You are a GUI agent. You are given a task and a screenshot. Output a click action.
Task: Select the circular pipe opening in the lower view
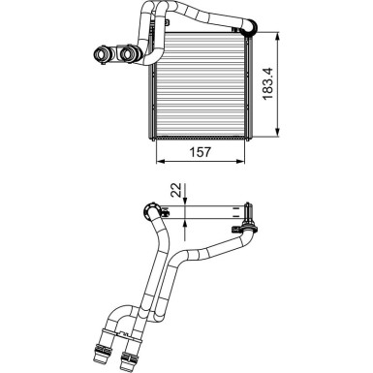(x=151, y=210)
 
